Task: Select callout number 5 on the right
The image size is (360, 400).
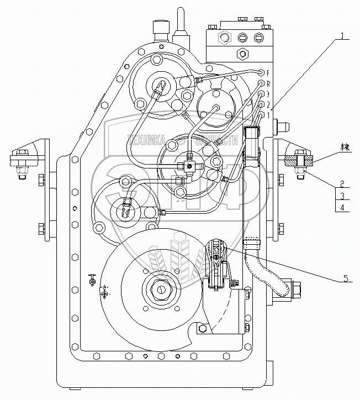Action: click(346, 278)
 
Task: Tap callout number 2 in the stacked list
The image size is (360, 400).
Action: click(342, 183)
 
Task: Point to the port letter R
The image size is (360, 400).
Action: click(268, 84)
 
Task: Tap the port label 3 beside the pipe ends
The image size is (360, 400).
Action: click(268, 94)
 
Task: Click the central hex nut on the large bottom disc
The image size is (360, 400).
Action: click(160, 288)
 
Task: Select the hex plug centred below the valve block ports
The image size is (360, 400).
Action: click(241, 54)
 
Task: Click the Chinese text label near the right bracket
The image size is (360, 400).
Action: click(330, 148)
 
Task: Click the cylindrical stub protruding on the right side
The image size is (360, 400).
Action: click(279, 127)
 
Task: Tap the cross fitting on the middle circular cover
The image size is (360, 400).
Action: click(188, 165)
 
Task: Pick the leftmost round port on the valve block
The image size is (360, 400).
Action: click(224, 38)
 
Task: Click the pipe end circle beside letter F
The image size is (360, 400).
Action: click(261, 71)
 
